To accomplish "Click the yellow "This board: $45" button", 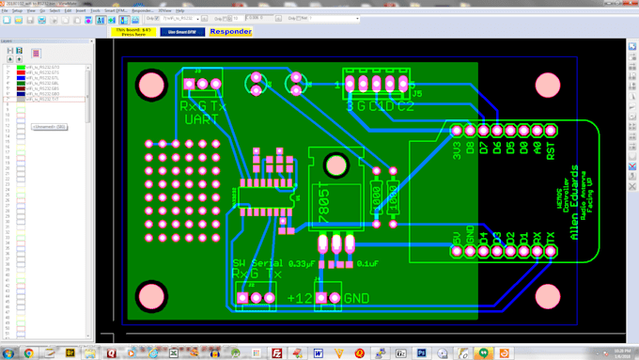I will tap(133, 32).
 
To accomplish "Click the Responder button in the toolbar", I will tap(230, 32).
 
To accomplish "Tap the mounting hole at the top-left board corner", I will tap(150, 86).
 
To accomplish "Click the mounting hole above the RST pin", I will tap(548, 86).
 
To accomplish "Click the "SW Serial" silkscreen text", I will tap(257, 262).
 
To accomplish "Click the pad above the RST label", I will tap(551, 130).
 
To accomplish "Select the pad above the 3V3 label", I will tap(457, 130).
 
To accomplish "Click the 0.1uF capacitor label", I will tap(367, 263).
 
